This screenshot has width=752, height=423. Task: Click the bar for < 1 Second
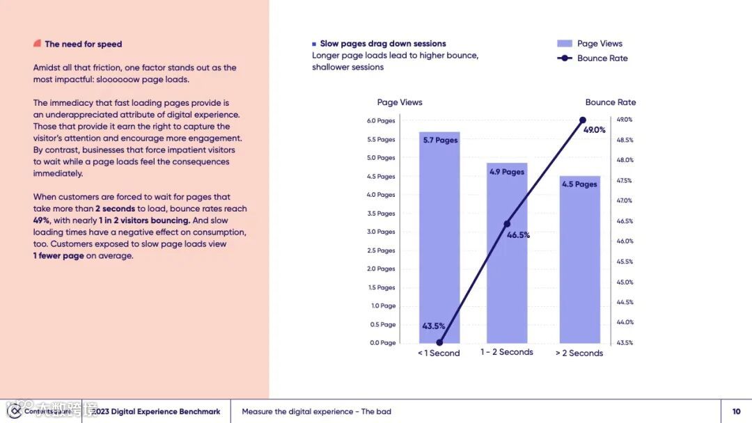tap(439, 237)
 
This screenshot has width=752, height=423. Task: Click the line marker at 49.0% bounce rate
tap(583, 120)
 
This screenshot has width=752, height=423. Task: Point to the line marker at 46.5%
tap(507, 224)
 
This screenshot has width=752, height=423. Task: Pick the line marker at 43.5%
tap(439, 342)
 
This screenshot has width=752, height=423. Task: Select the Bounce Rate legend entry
tap(593, 58)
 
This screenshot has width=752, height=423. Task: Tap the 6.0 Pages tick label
tap(381, 121)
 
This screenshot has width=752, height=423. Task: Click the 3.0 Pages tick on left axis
tap(381, 232)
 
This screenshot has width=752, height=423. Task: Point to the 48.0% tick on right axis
tap(625, 160)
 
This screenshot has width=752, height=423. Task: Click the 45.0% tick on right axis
tap(625, 282)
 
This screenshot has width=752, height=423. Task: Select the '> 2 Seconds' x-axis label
tap(579, 353)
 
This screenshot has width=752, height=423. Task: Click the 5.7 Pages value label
tap(440, 141)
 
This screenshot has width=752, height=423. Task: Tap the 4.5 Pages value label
tap(579, 184)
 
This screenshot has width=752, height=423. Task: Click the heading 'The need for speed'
tap(83, 44)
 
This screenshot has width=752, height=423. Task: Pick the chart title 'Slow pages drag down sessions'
tap(382, 44)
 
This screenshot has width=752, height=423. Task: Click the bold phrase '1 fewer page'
tap(58, 256)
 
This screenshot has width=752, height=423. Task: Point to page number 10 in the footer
tap(736, 412)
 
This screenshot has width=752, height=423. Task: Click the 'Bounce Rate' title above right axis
tap(611, 102)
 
